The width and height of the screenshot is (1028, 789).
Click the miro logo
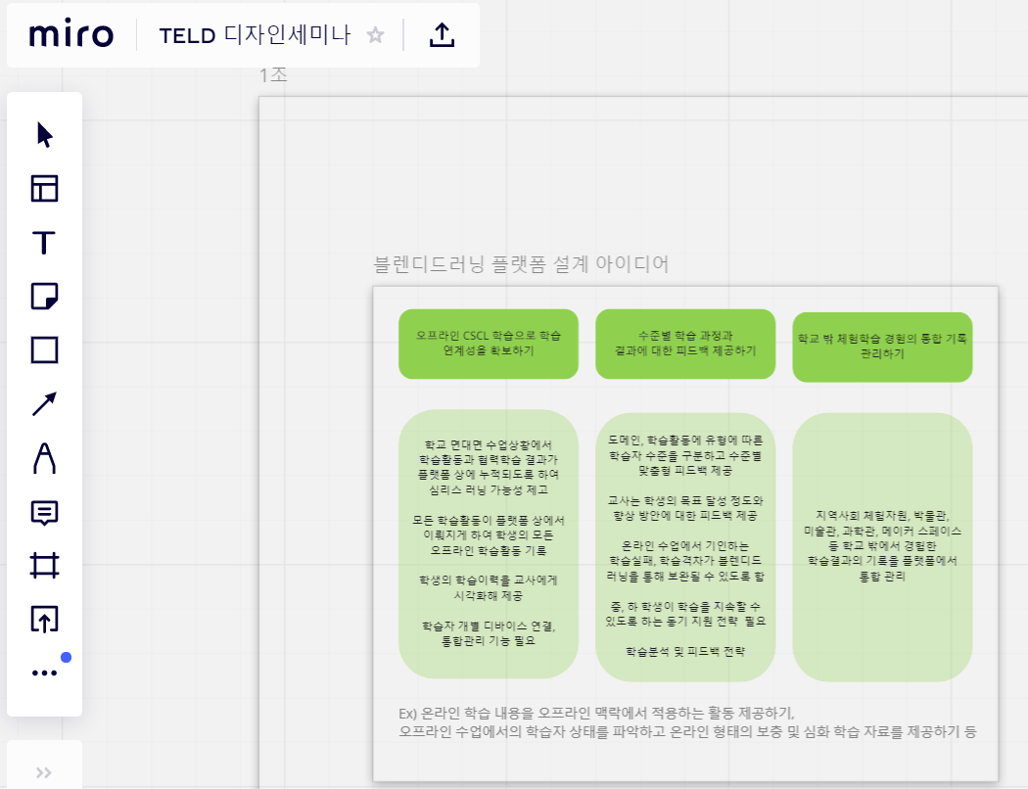(x=71, y=35)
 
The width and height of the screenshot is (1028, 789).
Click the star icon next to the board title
(x=375, y=35)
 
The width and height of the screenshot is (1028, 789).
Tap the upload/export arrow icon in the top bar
(x=443, y=35)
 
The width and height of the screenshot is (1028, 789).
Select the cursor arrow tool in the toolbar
(x=44, y=135)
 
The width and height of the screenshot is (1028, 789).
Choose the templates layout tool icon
(x=44, y=189)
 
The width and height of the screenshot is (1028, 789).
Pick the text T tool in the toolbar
(x=44, y=243)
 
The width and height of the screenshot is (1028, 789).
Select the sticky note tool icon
(x=44, y=296)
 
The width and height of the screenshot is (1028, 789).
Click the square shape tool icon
(x=44, y=349)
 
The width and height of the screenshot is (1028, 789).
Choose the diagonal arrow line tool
(x=44, y=403)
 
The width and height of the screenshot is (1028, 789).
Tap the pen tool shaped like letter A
(x=44, y=457)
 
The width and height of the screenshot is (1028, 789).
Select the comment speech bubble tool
(x=44, y=511)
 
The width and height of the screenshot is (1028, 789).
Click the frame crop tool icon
(x=44, y=565)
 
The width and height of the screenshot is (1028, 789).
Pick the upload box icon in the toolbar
(x=44, y=619)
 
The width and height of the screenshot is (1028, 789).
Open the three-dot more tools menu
(x=44, y=673)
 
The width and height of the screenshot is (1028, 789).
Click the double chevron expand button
(x=44, y=772)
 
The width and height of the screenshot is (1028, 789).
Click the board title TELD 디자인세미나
(x=255, y=35)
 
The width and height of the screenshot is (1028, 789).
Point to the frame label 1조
(x=273, y=75)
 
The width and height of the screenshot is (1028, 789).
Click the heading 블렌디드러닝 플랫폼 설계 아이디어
(x=522, y=263)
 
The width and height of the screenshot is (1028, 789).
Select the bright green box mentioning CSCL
(x=489, y=343)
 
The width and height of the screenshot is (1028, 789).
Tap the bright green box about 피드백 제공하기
(x=685, y=343)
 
